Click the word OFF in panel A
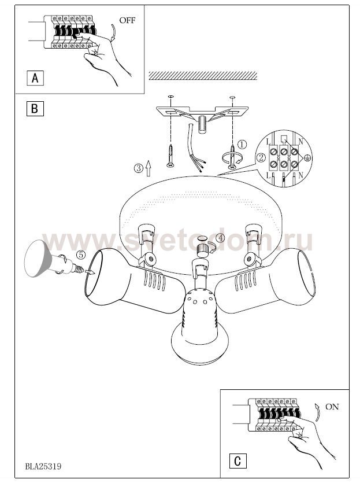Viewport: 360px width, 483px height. tap(127, 21)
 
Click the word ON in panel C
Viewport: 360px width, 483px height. tap(332, 407)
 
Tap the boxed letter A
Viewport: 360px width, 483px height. tap(35, 78)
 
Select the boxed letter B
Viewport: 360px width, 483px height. tap(35, 109)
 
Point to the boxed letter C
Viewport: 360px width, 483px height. tap(237, 461)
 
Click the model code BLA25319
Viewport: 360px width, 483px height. tap(43, 466)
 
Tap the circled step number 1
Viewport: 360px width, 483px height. tap(243, 144)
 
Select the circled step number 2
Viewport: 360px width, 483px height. tap(261, 158)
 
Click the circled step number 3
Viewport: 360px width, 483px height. tap(138, 168)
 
